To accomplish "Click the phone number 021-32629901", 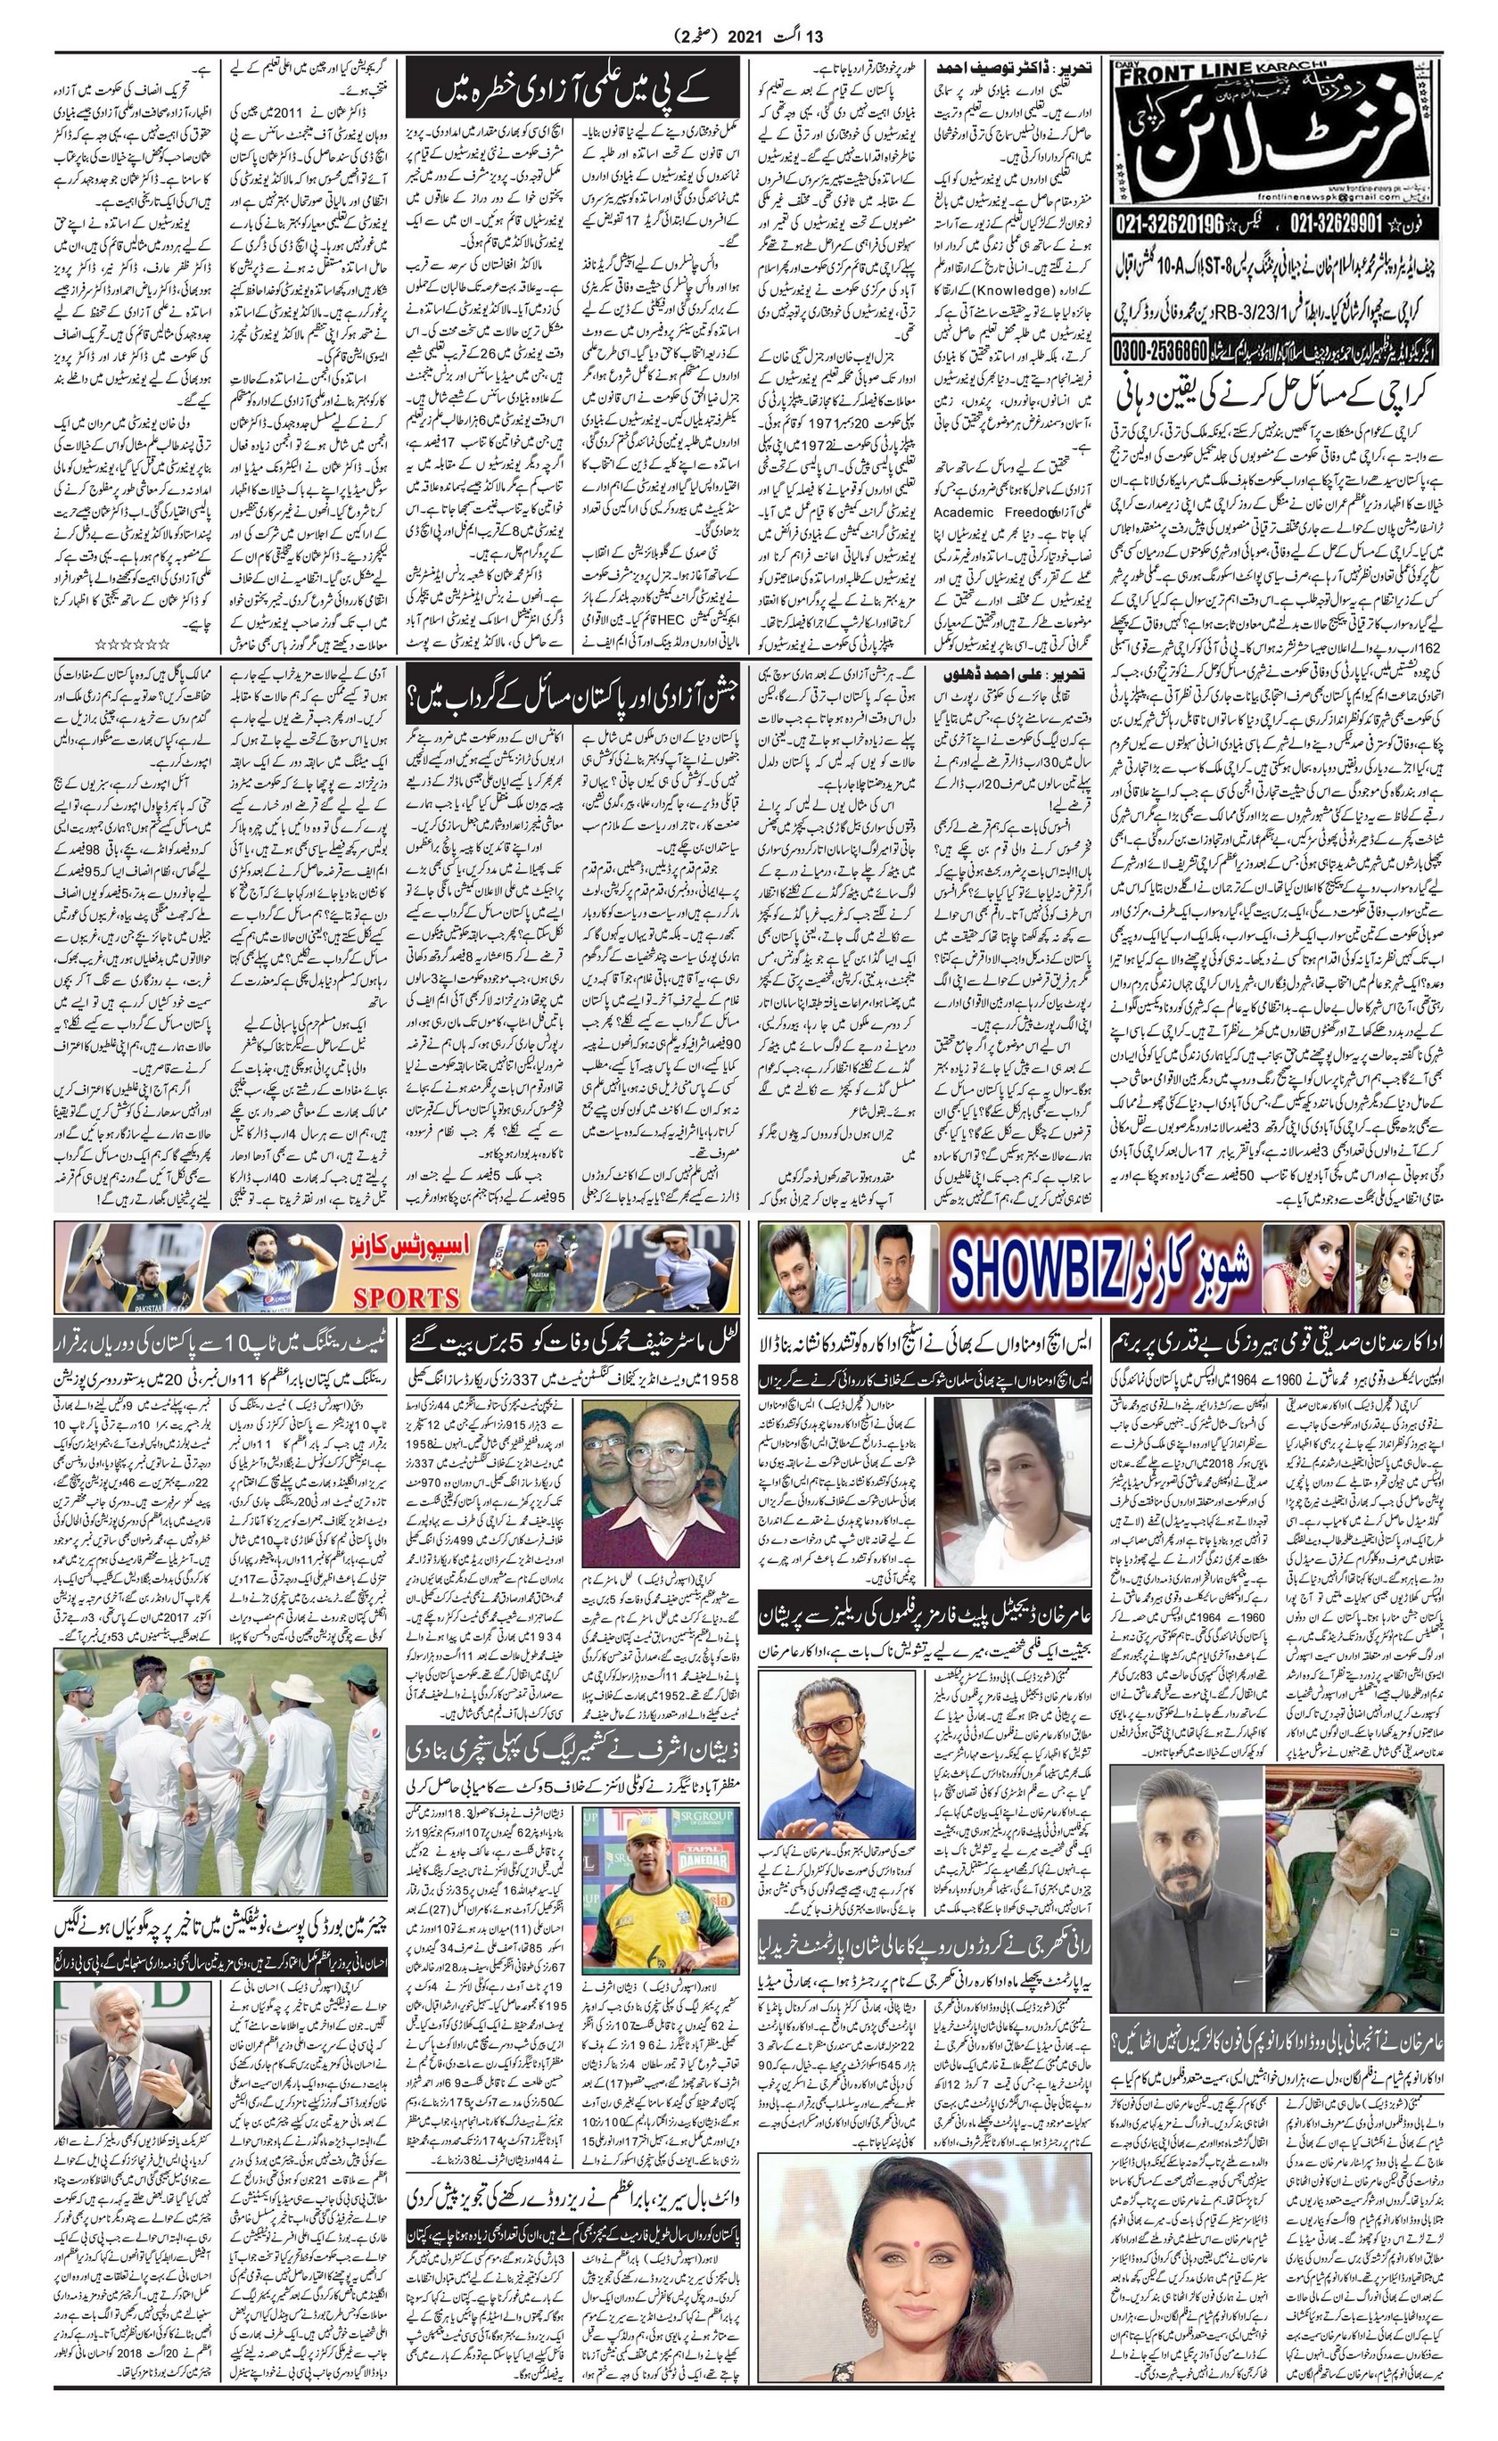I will point(1319,251).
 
